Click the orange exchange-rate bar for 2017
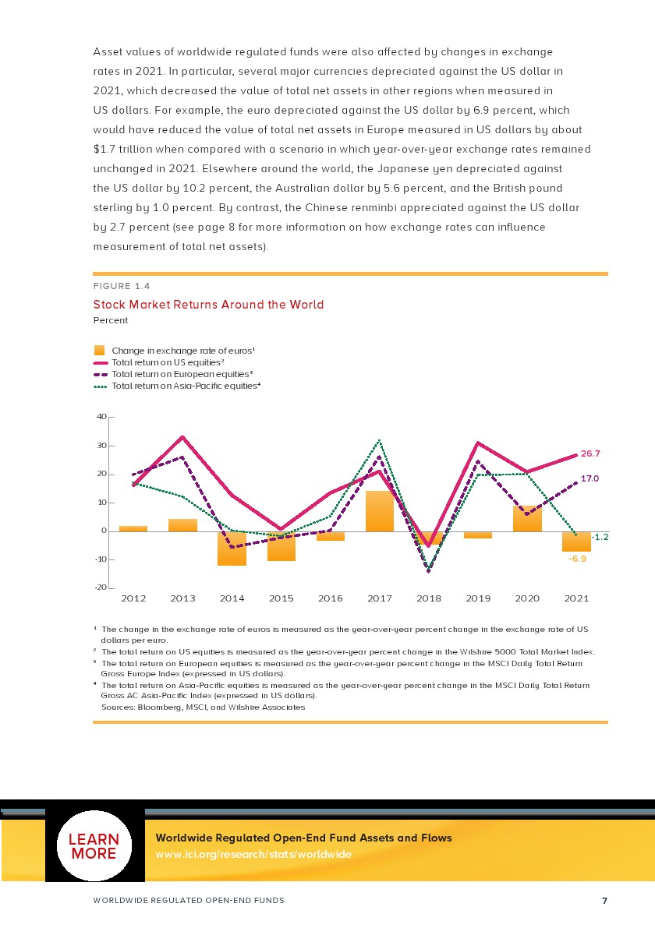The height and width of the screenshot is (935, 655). coord(380,511)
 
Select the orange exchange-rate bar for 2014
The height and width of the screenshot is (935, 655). coord(232,548)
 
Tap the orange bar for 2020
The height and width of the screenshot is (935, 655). coord(527,519)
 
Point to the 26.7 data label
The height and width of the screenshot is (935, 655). coord(590,453)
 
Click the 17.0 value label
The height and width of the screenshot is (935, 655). coord(590,478)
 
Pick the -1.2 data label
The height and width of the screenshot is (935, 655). coord(600,538)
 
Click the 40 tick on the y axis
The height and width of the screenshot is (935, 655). coord(101,417)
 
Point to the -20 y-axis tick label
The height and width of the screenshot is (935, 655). coord(100,587)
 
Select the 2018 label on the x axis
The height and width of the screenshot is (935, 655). coord(429,598)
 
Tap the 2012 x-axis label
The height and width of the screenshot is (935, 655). coord(134,598)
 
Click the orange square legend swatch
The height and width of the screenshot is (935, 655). coord(99,351)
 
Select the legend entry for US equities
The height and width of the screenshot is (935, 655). coord(168,363)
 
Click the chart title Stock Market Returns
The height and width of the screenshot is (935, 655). coord(208,305)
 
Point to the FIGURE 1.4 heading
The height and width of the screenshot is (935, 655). coord(121,286)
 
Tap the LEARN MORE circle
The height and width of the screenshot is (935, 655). coord(95,846)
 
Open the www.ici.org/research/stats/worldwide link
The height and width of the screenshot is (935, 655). coord(253,855)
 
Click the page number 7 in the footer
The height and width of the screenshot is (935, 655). coord(604,901)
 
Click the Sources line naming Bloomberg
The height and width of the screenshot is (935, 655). coord(203,707)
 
